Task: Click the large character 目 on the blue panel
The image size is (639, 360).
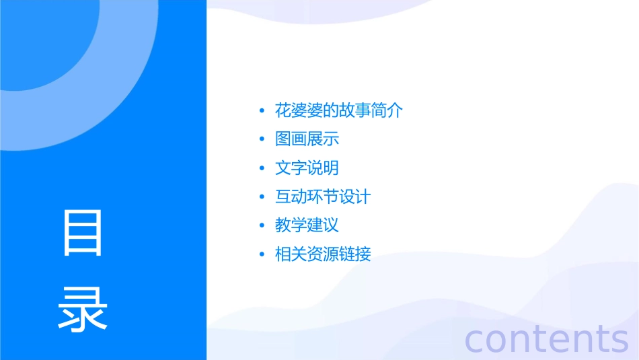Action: [x=83, y=233]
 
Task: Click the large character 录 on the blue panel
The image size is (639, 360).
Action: [x=83, y=309]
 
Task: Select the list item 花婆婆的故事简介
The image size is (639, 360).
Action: [x=339, y=110]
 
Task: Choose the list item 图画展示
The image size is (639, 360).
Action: [x=307, y=139]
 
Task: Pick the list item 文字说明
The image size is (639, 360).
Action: [x=307, y=168]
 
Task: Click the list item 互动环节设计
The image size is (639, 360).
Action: [x=323, y=197]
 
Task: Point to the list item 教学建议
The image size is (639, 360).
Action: [x=307, y=225]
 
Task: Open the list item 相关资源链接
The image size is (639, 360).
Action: [x=323, y=254]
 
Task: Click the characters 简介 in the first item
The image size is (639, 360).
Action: [x=387, y=110]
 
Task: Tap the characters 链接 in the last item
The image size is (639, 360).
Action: [x=355, y=254]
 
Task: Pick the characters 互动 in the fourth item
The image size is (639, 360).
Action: [x=291, y=197]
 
